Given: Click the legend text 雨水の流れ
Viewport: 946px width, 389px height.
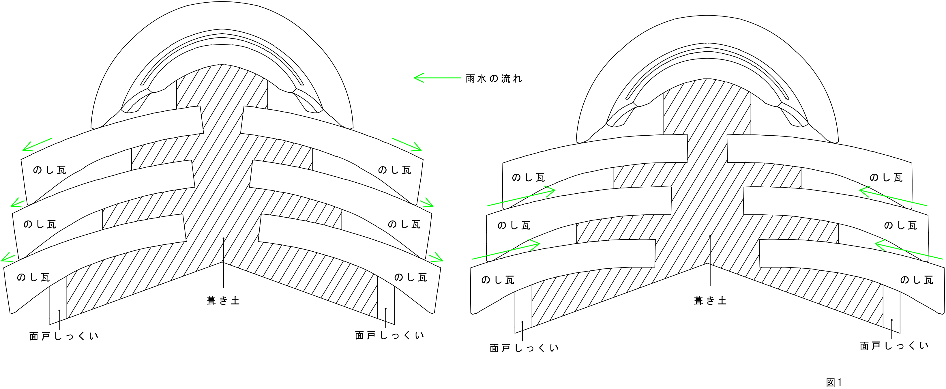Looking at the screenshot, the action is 494,78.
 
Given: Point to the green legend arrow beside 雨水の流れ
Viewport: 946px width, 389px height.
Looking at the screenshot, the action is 437,78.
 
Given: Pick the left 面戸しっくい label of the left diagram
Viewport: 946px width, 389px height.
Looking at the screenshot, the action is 63,336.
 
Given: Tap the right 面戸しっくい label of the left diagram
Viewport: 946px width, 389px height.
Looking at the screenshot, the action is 389,335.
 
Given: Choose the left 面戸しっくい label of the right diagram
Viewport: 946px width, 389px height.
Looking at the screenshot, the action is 524,348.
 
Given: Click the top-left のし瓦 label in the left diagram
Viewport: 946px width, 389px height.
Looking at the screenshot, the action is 49,170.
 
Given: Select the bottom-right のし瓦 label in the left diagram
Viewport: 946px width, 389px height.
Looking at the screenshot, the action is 411,277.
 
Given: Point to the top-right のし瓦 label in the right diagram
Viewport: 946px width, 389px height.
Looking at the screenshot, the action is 886,178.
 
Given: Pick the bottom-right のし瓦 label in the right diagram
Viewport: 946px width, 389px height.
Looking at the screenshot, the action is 916,280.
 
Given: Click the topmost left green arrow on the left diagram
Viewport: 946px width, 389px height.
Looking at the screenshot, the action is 38,145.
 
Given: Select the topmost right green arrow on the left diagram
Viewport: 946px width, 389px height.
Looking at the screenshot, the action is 407,144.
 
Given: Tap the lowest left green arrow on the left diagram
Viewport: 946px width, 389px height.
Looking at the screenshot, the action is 8,257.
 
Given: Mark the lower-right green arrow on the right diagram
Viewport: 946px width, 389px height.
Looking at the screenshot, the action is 909,249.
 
